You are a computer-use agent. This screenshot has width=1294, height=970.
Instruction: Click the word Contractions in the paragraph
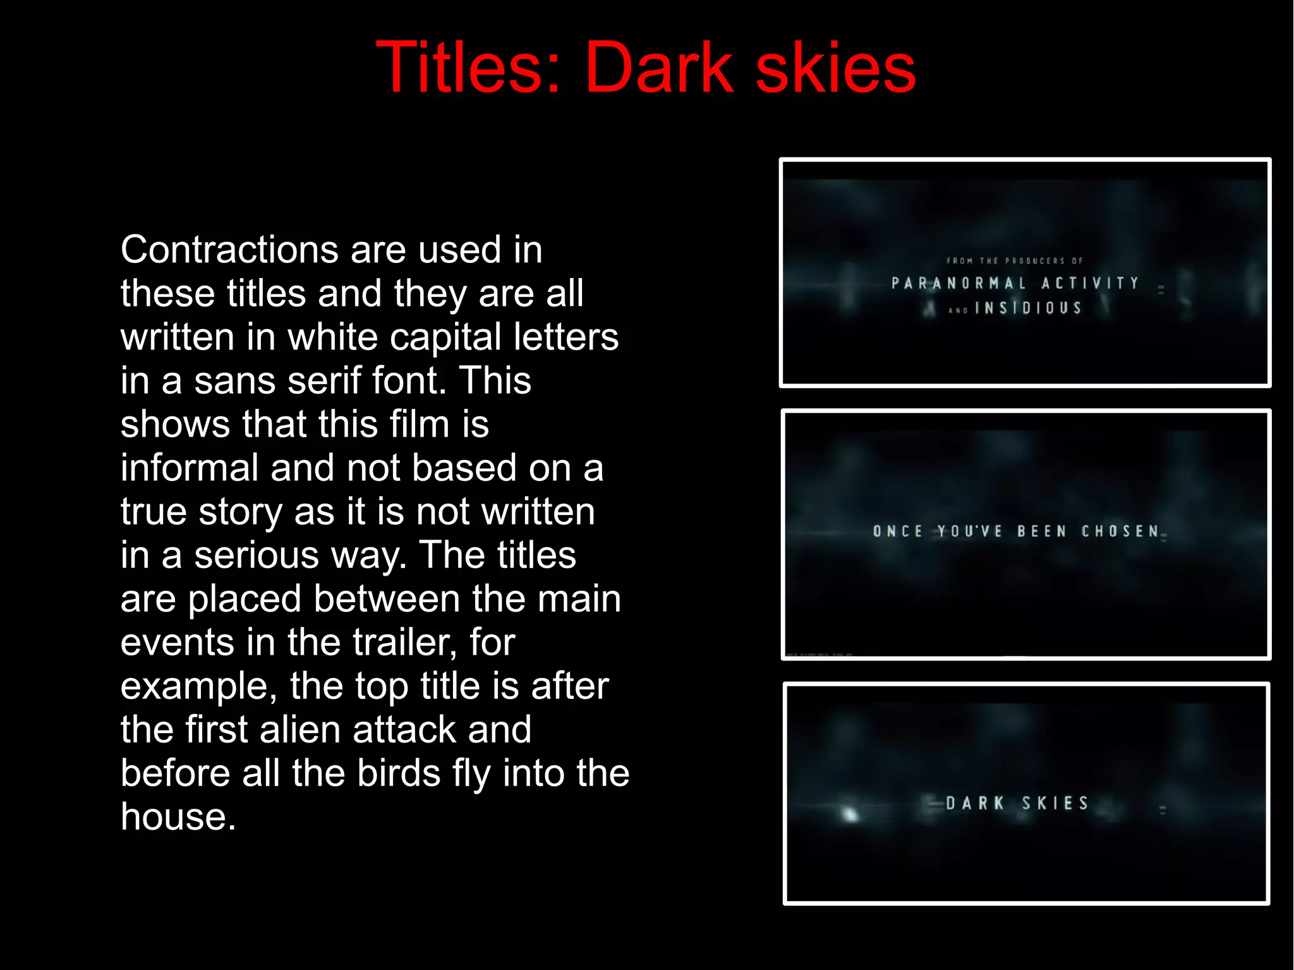(229, 250)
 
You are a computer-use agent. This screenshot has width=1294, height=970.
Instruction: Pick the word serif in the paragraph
(323, 380)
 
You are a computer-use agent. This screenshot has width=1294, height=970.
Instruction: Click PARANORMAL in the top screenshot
(958, 283)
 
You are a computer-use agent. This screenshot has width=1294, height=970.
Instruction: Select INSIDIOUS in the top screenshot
(1029, 308)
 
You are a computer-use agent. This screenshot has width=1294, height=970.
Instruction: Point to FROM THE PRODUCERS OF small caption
(1014, 260)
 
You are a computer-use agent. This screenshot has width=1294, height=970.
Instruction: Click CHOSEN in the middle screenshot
(1120, 531)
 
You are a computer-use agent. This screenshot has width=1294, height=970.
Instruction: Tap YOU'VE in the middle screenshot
(969, 531)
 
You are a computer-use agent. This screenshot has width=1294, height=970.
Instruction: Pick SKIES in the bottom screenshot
(1055, 803)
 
